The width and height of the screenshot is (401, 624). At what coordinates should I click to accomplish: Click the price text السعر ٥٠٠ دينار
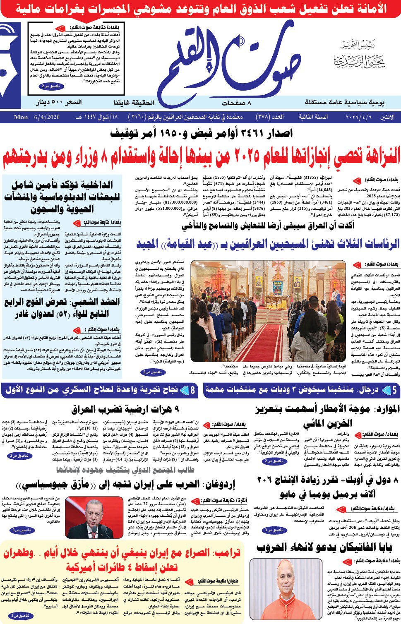point(58,102)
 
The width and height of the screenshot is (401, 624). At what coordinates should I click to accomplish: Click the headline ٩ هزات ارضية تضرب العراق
point(125,409)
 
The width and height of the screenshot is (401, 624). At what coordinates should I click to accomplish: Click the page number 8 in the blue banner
point(192,390)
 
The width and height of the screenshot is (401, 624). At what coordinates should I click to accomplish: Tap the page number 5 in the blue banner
point(394,390)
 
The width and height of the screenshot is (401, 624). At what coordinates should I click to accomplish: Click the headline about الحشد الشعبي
point(62,308)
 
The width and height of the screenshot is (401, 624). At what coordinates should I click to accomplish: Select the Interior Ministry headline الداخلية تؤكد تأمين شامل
point(62,197)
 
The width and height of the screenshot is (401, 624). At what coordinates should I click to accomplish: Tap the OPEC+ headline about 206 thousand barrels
point(327,487)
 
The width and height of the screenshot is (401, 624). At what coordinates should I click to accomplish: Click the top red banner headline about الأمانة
point(201,8)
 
